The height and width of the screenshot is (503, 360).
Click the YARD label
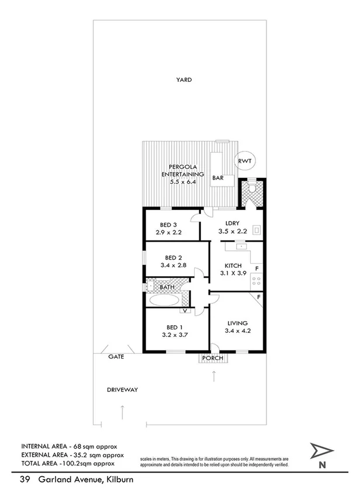185,80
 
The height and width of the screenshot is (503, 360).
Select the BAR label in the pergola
219,177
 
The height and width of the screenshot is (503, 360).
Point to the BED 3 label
169,225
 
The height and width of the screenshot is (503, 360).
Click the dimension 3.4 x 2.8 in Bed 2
173,265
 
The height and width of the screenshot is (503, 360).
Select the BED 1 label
172,328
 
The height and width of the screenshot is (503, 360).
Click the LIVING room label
238,323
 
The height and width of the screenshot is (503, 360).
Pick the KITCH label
233,266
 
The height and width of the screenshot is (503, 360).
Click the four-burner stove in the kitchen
256,282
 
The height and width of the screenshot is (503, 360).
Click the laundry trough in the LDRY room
255,229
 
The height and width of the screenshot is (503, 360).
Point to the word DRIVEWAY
122,390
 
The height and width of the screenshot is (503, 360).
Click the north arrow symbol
321,452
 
